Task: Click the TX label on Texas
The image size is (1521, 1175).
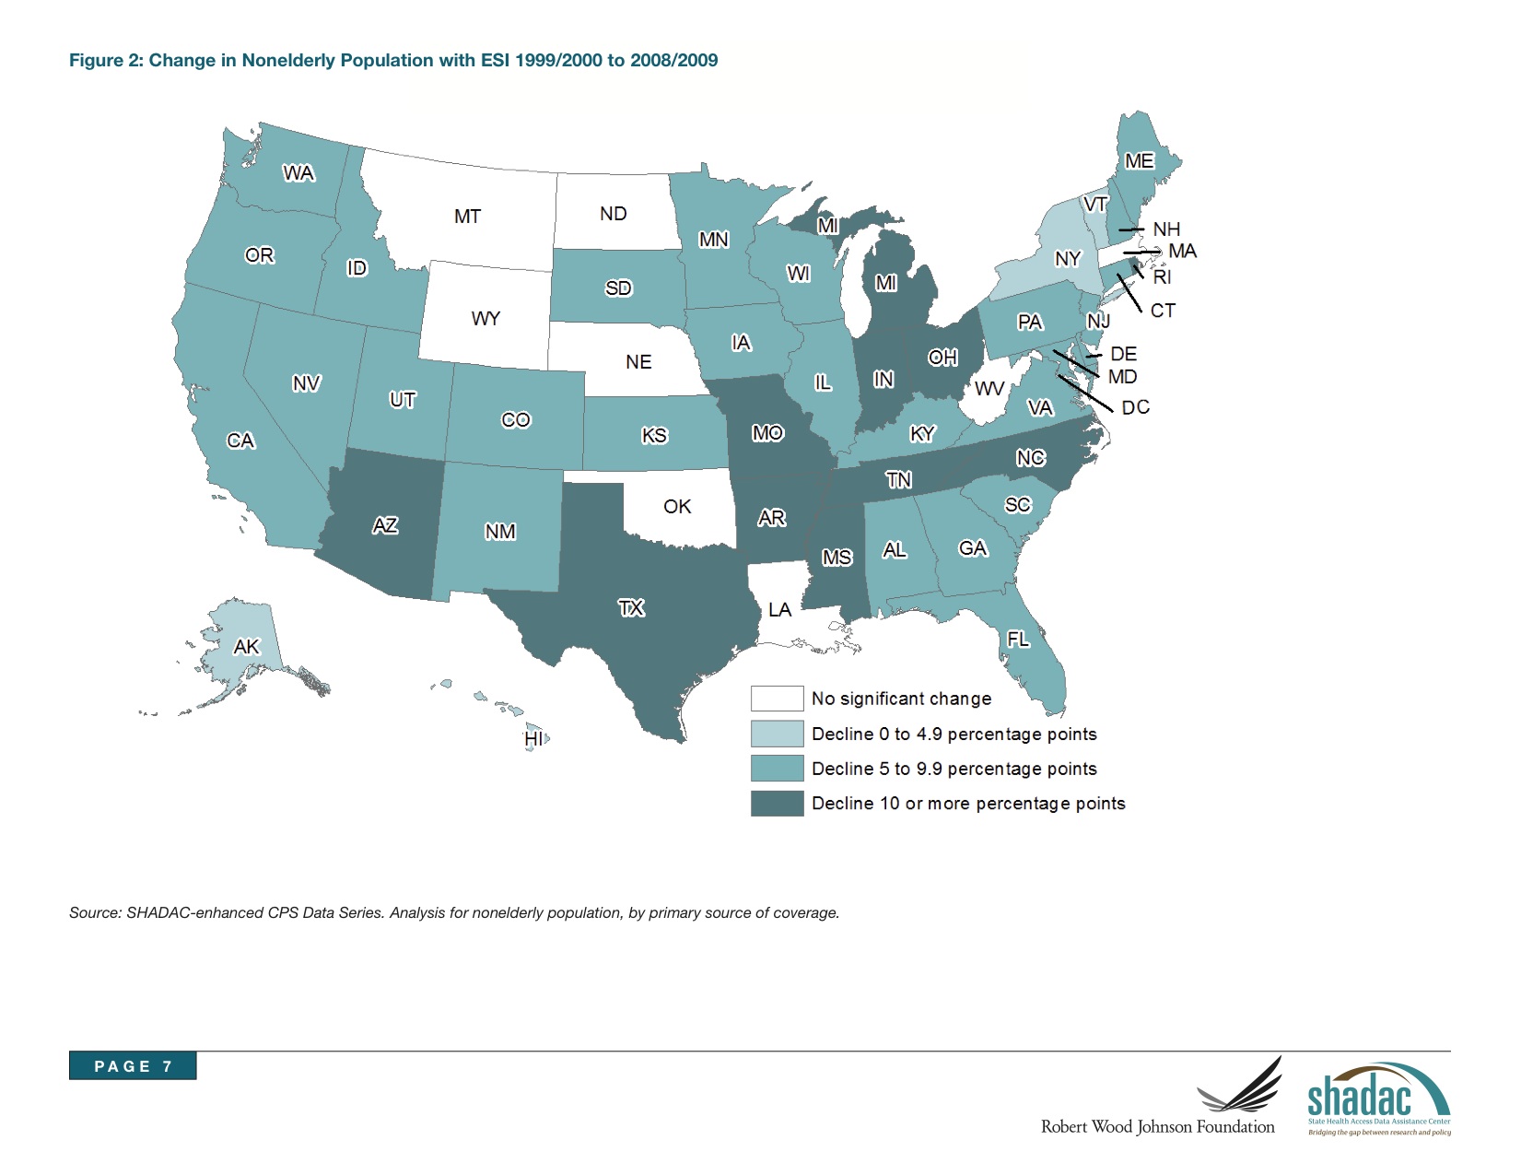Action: [x=631, y=608]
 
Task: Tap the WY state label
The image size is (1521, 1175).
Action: [x=486, y=319]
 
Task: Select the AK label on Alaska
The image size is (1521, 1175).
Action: [x=246, y=646]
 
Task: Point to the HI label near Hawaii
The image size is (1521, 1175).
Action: [x=533, y=739]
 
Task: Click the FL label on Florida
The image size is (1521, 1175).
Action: [x=1018, y=639]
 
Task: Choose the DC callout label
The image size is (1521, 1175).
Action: [x=1135, y=407]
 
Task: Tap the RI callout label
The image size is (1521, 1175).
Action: [x=1162, y=277]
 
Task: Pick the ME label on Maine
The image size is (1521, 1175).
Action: [x=1139, y=161]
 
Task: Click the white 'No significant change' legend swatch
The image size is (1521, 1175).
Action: [x=777, y=699]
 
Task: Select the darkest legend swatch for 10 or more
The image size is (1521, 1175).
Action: [x=777, y=804]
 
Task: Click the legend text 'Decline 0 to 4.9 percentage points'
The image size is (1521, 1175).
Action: [x=954, y=734]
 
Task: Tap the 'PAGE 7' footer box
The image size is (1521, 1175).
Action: [x=133, y=1065]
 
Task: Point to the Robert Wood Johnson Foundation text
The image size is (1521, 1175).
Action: [x=1158, y=1127]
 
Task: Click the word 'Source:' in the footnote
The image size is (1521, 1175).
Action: [x=95, y=913]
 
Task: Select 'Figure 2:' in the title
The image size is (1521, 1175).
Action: [x=106, y=60]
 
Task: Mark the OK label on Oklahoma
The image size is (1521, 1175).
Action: [x=677, y=506]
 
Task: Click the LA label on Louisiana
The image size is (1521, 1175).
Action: [x=779, y=609]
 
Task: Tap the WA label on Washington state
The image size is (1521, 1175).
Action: [x=298, y=173]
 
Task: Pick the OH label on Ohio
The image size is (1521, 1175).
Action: [x=942, y=358]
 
